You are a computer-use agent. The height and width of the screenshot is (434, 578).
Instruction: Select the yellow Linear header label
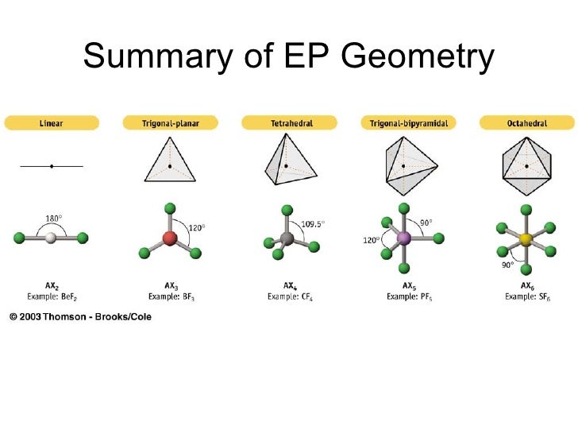coord(52,123)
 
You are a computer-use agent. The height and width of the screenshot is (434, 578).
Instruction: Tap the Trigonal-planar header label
coord(169,123)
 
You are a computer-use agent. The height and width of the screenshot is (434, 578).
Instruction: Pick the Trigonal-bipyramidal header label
coord(407,123)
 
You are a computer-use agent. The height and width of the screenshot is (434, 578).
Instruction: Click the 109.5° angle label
coord(313,224)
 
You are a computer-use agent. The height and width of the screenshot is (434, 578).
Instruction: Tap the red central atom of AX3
coord(169,238)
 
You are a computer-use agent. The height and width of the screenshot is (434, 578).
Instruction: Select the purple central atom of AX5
coord(404,237)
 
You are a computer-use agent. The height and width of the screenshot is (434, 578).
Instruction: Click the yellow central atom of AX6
coord(525,238)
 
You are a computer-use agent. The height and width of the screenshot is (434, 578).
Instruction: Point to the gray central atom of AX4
coord(287,237)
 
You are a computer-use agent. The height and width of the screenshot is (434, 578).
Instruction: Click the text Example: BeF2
coord(52,296)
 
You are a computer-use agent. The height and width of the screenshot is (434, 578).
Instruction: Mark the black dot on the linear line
coord(52,166)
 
